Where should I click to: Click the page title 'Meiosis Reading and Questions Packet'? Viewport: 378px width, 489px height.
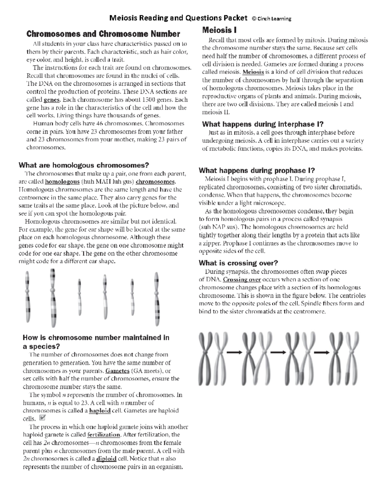(178, 18)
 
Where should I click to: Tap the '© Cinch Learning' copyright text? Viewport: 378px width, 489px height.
(272, 19)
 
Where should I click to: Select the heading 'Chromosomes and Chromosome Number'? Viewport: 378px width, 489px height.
(103, 34)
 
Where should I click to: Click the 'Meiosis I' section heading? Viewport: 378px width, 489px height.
(219, 30)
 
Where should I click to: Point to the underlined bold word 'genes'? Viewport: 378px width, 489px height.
(51, 100)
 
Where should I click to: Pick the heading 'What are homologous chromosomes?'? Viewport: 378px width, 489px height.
(84, 165)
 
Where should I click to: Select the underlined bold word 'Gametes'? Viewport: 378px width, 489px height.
(117, 371)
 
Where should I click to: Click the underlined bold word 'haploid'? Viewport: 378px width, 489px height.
(100, 411)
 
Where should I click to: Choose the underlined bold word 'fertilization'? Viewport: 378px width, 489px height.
(104, 435)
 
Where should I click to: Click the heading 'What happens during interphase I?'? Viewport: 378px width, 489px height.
(263, 124)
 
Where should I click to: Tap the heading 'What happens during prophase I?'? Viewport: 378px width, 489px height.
(257, 170)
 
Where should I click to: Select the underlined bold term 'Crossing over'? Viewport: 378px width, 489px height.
(242, 280)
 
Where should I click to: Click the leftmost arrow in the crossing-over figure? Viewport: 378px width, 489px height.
(235, 352)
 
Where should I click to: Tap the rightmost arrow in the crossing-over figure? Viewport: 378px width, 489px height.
(321, 352)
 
